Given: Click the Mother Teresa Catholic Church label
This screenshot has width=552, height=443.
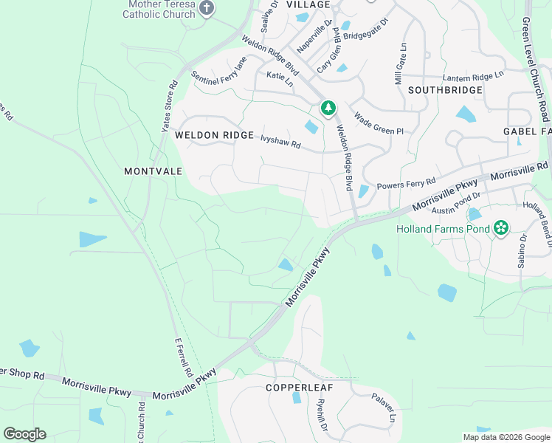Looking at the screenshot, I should coord(159,9).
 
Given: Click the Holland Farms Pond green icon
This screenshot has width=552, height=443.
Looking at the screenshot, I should coord(501,227).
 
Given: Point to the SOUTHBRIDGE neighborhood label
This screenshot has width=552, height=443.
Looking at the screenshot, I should coord(445,90).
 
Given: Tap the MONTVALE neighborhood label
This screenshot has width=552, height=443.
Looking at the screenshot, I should coord(153,171).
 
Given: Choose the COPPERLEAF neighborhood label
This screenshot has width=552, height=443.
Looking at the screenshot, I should coord(300,387).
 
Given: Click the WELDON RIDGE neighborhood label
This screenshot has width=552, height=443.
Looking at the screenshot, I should coord(214,136).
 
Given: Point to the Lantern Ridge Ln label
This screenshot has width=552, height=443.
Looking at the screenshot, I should coord(473,76).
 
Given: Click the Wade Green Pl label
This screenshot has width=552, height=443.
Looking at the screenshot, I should coord(379,123).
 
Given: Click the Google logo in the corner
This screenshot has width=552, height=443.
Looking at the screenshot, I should coord(24,434).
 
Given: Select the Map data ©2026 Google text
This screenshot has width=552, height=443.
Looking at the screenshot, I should coord(506,437).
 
